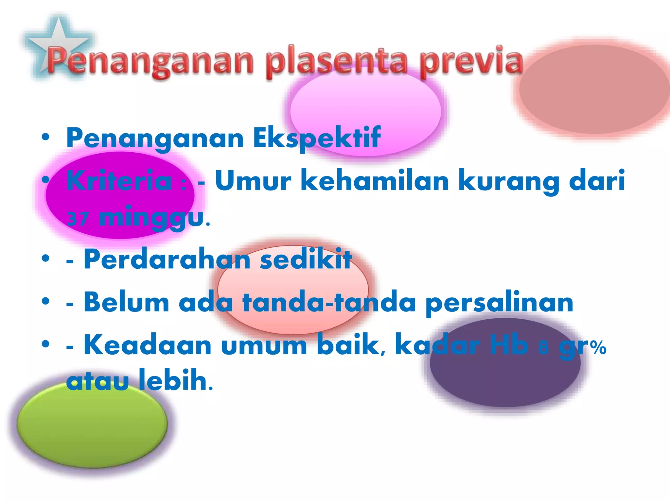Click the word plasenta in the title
[x=337, y=62]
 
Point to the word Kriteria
[x=119, y=181]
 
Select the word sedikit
[x=306, y=259]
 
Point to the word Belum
[x=126, y=302]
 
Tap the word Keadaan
[x=148, y=345]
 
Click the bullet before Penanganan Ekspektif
[x=45, y=138]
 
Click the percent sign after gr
[x=599, y=348]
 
